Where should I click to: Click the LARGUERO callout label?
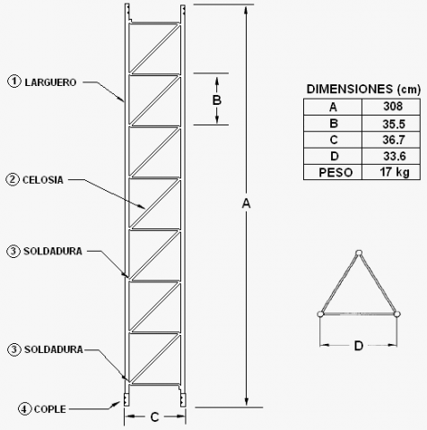click(x=50, y=82)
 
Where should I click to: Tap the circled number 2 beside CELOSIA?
click(x=13, y=180)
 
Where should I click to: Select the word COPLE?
click(x=50, y=409)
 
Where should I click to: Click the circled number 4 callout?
click(x=25, y=409)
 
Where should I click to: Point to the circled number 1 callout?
click(x=14, y=82)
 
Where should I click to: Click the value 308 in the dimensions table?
click(x=393, y=107)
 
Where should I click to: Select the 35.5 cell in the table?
click(x=394, y=124)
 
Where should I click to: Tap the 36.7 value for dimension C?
click(x=394, y=140)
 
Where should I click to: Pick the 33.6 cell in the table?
click(x=395, y=156)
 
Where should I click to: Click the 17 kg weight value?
click(x=395, y=172)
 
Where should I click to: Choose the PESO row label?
click(x=335, y=173)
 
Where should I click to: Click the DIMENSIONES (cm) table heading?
click(x=363, y=90)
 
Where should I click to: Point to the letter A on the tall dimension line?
click(x=246, y=203)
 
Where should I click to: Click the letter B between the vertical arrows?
click(x=217, y=100)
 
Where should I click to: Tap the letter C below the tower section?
click(x=154, y=417)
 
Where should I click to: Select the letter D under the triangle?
click(x=359, y=346)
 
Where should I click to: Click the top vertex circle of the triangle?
click(x=359, y=254)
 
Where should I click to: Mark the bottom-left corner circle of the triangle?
click(x=320, y=314)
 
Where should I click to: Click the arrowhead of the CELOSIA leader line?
click(x=142, y=207)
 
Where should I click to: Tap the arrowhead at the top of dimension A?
click(x=246, y=10)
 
